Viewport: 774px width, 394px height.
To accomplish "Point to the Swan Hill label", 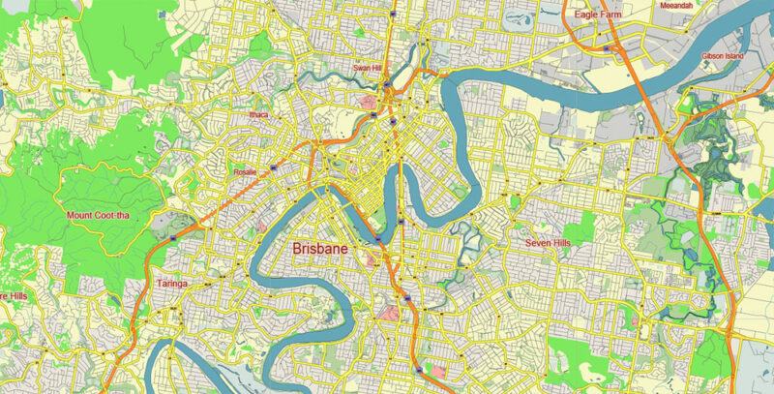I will [x=369, y=68].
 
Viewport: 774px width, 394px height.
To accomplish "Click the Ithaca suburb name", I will [x=257, y=114].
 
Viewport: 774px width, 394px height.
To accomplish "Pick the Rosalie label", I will [x=245, y=172].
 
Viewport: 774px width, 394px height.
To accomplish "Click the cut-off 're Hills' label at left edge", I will [x=13, y=294].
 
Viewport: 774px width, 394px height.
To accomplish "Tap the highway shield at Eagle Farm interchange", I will [x=606, y=47].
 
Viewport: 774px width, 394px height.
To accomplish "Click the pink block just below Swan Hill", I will [x=369, y=101].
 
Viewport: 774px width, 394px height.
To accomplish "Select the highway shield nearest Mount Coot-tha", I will [x=173, y=236].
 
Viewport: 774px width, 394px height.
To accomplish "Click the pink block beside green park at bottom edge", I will [x=437, y=372].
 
